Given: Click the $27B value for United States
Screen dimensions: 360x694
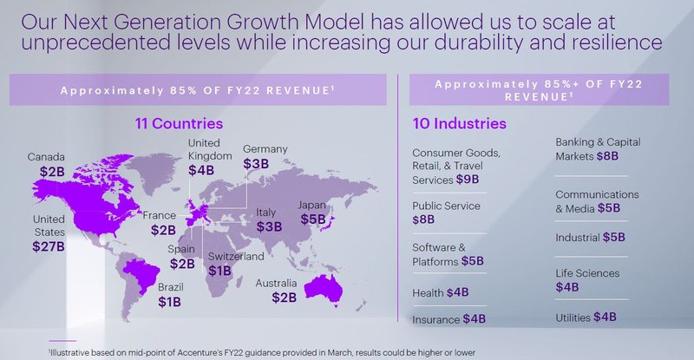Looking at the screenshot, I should tap(49, 246).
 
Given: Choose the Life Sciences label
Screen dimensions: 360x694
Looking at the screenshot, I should tap(588, 273).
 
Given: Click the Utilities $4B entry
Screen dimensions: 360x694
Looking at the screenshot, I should tap(586, 317).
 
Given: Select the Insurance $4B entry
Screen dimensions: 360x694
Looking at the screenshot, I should tap(449, 318).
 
